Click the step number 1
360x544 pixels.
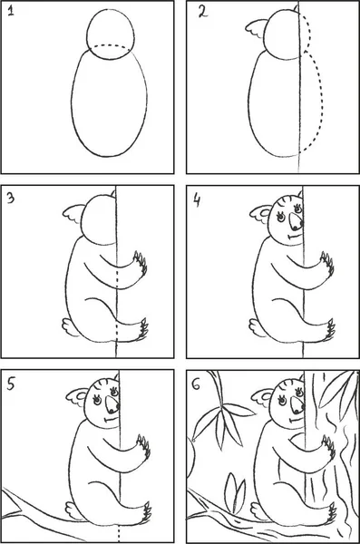(11, 12)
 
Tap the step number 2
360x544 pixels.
(203, 12)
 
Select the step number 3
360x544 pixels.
(11, 198)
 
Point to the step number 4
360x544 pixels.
(197, 200)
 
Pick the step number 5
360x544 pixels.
(11, 384)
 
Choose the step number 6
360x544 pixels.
(196, 384)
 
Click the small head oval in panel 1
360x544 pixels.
(111, 9)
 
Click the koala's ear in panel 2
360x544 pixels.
(257, 29)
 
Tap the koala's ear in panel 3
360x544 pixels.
(74, 214)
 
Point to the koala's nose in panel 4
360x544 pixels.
(296, 222)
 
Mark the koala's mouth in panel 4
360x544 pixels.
(294, 237)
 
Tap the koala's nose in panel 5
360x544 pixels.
(112, 405)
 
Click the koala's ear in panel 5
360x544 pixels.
(78, 397)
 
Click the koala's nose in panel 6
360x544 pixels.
(297, 404)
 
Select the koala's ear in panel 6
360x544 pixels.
(263, 397)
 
